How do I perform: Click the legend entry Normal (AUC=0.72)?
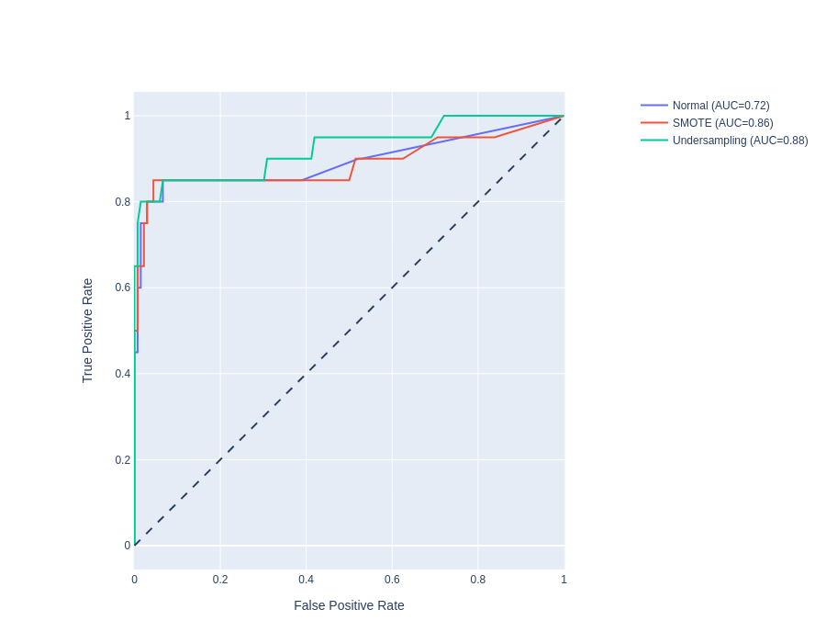pyautogui.click(x=720, y=106)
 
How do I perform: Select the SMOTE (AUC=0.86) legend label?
pyautogui.click(x=722, y=123)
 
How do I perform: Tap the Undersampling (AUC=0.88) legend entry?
pyautogui.click(x=740, y=141)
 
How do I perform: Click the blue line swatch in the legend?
pyautogui.click(x=654, y=106)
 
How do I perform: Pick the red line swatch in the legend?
pyautogui.click(x=654, y=123)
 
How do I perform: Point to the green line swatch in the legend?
pyautogui.click(x=654, y=141)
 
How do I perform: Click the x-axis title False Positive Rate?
pyautogui.click(x=349, y=605)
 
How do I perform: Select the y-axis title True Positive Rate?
pyautogui.click(x=88, y=331)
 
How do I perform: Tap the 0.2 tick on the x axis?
pyautogui.click(x=220, y=580)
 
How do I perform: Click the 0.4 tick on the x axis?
pyautogui.click(x=306, y=580)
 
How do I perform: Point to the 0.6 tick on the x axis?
pyautogui.click(x=392, y=580)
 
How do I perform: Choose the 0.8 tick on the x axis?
pyautogui.click(x=478, y=580)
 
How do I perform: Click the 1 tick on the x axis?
pyautogui.click(x=564, y=580)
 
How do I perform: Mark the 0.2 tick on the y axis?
pyautogui.click(x=122, y=460)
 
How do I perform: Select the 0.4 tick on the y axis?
pyautogui.click(x=122, y=374)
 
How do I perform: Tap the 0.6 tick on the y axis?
pyautogui.click(x=122, y=288)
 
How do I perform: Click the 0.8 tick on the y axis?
pyautogui.click(x=122, y=202)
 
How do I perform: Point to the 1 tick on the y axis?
pyautogui.click(x=128, y=116)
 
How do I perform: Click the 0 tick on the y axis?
pyautogui.click(x=128, y=546)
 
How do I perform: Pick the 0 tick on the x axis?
pyautogui.click(x=135, y=580)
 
